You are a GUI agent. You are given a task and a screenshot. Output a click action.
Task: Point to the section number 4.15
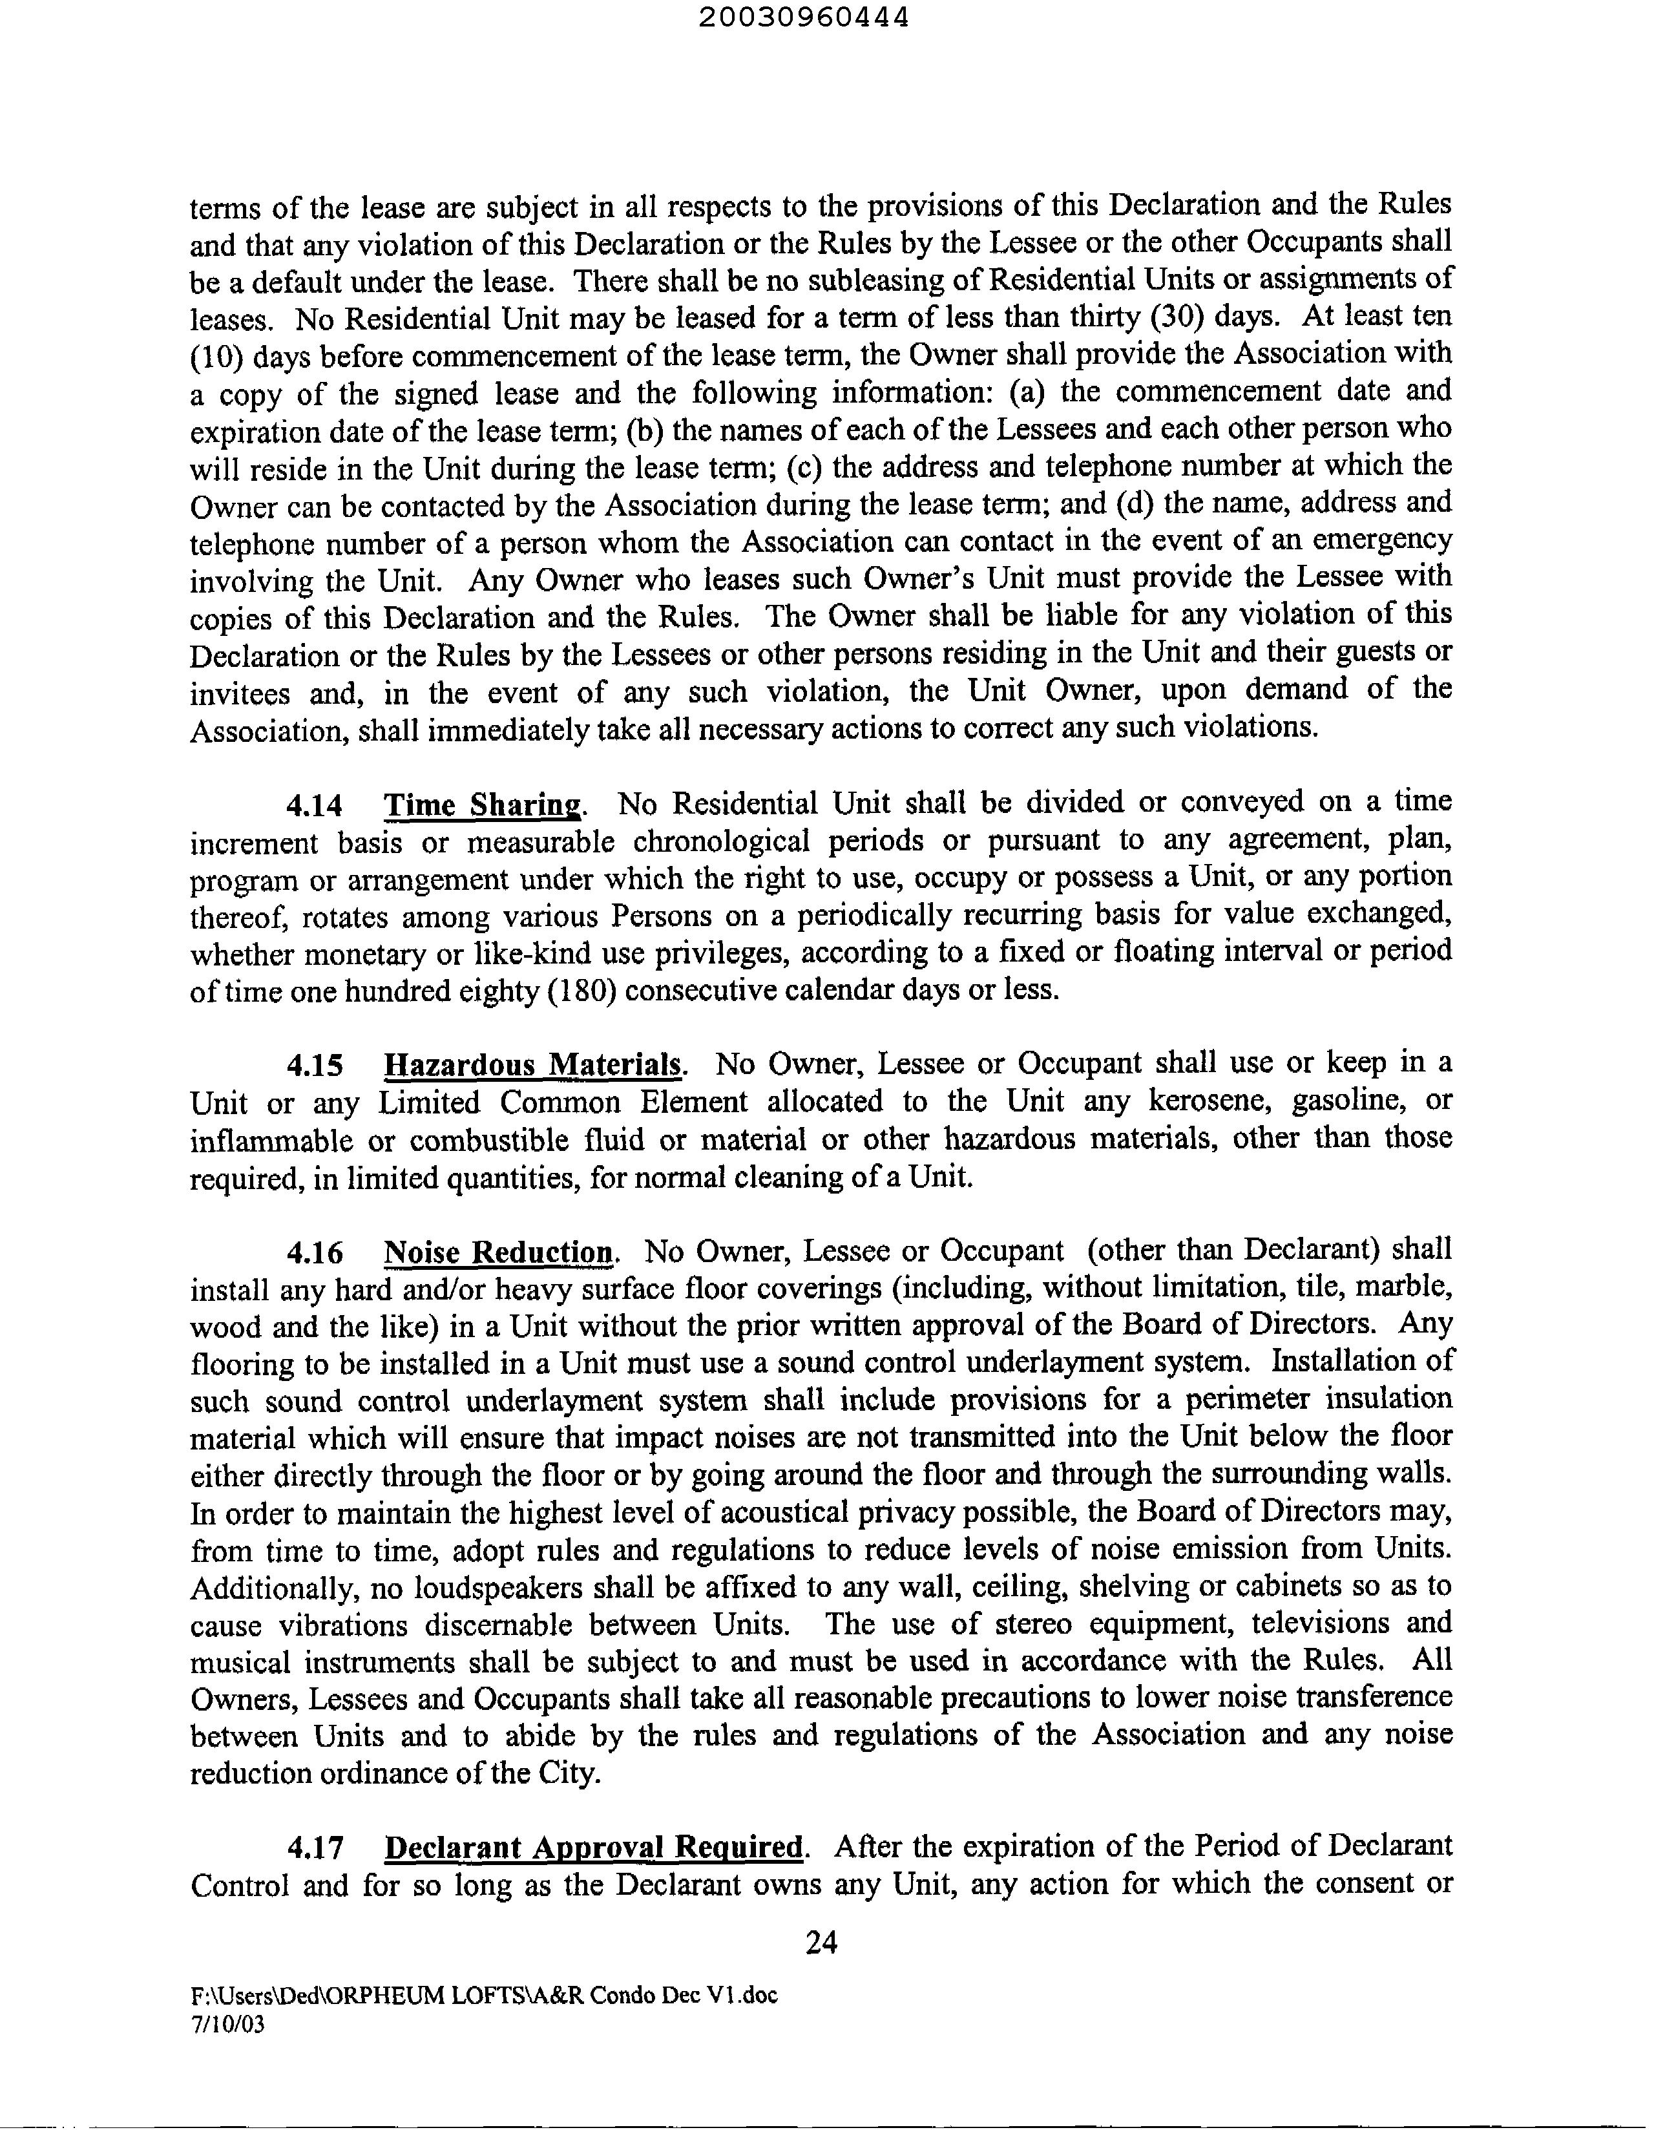pos(314,1064)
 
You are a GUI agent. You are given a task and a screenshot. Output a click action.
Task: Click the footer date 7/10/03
pos(227,2024)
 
